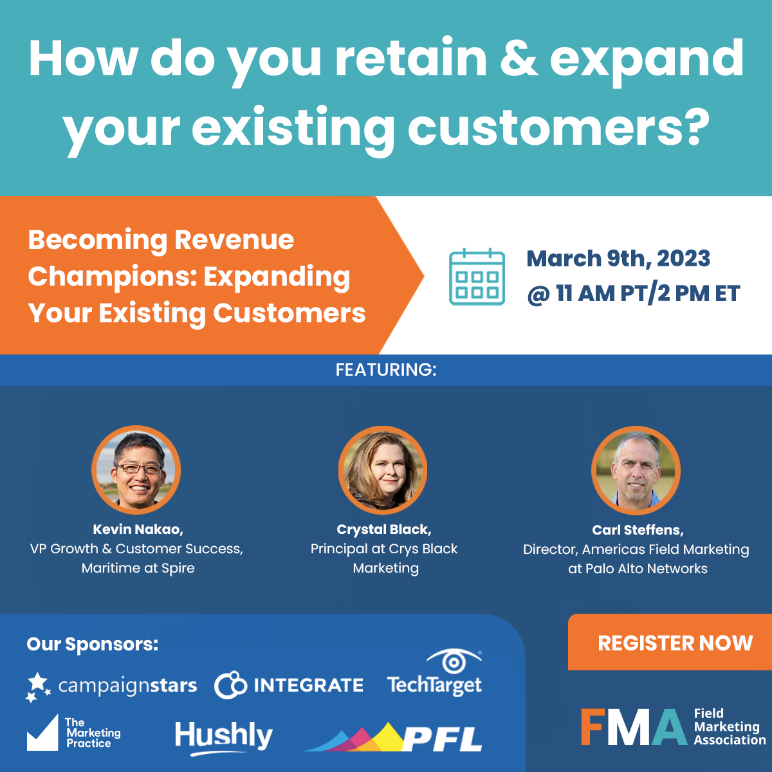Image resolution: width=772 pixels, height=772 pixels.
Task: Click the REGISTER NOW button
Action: (670, 642)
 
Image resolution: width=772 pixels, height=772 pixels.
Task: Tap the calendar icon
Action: (477, 277)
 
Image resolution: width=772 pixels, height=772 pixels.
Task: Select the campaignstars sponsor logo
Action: (111, 686)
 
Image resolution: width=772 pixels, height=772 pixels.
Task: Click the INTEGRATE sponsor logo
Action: (289, 685)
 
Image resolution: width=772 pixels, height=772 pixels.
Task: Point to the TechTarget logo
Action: (435, 673)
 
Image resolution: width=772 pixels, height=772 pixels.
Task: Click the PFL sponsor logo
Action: (393, 737)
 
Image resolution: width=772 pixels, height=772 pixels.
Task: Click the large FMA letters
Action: (634, 727)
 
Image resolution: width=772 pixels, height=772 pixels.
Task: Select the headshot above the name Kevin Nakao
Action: (136, 470)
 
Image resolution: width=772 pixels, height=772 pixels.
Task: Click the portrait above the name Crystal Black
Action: (383, 470)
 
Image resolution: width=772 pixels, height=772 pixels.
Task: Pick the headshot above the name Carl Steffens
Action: (636, 470)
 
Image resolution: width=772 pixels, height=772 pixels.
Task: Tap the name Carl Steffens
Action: (638, 529)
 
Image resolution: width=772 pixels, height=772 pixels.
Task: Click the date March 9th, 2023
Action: (618, 259)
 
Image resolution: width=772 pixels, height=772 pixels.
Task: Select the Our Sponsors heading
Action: (93, 644)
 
